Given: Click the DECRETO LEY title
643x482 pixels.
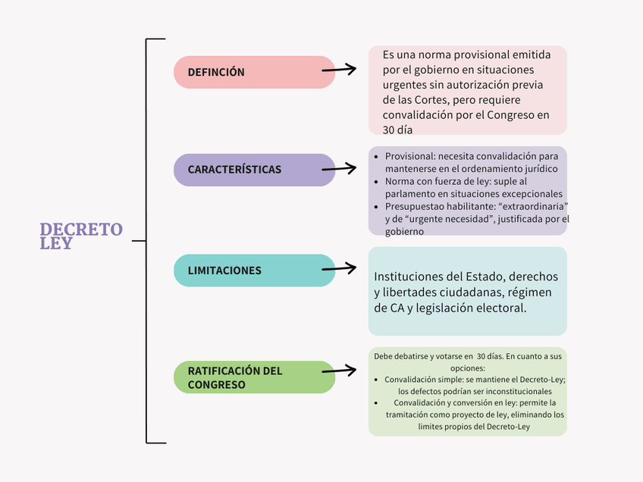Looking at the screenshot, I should click(x=80, y=236).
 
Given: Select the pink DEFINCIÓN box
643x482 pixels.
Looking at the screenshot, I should click(x=254, y=72).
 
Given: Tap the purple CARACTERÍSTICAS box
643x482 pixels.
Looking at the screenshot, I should click(x=254, y=170).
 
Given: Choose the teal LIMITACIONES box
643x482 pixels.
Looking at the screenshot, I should click(x=254, y=271).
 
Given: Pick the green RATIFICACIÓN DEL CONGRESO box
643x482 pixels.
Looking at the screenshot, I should click(x=254, y=377).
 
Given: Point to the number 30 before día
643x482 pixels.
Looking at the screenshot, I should click(x=389, y=130).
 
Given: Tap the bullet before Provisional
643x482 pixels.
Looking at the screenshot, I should click(x=378, y=156).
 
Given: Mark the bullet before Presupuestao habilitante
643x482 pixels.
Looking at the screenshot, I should click(x=378, y=207).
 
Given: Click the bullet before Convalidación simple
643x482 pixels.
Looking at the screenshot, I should click(x=378, y=379).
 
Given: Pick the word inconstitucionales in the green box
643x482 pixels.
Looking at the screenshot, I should click(x=512, y=391).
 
